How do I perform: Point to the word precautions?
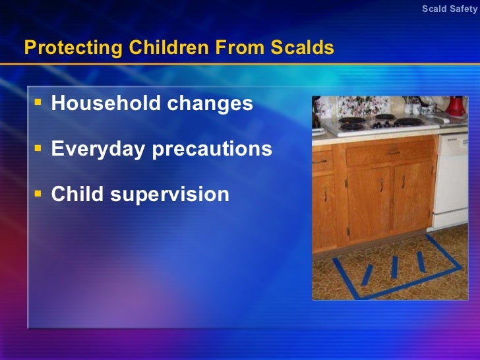click(212, 149)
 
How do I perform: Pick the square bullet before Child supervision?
click(38, 193)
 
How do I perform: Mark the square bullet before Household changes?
click(38, 102)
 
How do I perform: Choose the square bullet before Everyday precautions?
click(38, 147)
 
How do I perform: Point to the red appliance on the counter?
click(455, 105)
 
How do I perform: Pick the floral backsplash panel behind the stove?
click(369, 105)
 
